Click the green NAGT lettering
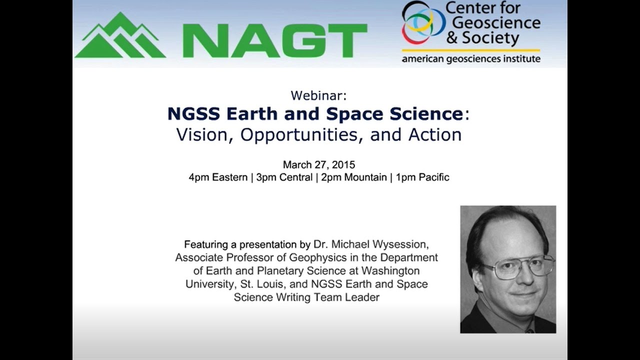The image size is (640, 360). [275, 40]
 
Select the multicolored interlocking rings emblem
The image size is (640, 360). [422, 22]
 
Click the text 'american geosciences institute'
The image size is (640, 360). [471, 59]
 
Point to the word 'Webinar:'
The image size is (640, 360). [318, 95]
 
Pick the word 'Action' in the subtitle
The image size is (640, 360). [433, 135]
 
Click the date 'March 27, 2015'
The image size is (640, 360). [318, 164]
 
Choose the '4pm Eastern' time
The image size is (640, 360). [218, 177]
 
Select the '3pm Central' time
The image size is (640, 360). [284, 177]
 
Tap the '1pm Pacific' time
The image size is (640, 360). [422, 177]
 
